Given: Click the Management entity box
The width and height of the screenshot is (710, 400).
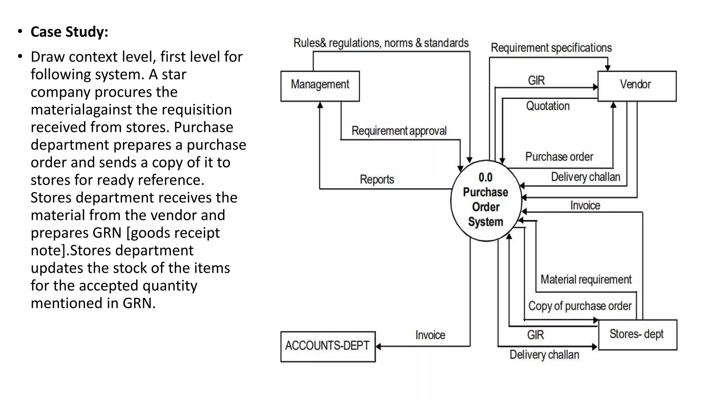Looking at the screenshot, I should tap(320, 86).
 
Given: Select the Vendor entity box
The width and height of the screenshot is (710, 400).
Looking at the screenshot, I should tap(637, 86).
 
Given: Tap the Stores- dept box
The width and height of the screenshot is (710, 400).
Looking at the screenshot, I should tap(637, 334).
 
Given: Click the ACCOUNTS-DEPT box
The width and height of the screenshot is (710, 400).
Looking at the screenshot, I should tap(328, 346).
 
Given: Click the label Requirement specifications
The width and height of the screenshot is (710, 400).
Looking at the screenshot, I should tap(551, 48).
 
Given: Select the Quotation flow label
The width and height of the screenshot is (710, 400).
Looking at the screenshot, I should tap(548, 106).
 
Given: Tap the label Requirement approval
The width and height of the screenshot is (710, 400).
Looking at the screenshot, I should tap(399, 131).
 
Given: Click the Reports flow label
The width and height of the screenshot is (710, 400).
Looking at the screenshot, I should tap(377, 180).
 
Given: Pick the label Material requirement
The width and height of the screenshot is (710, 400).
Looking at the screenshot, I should tap(586, 280).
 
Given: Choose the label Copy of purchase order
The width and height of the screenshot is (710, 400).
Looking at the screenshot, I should tap(580, 306).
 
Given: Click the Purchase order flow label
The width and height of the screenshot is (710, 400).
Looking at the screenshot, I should tap(559, 157).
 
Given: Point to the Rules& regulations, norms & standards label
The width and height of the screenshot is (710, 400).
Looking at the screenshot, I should tap(381, 43).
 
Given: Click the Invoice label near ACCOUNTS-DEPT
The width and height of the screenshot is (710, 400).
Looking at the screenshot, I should tap(430, 335).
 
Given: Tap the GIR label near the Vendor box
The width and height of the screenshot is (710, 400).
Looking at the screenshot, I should tap(536, 81).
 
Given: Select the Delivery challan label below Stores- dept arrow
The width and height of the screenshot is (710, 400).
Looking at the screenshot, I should tap(544, 355).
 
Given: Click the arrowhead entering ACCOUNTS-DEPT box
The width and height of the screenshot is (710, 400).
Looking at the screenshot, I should tap(379, 346).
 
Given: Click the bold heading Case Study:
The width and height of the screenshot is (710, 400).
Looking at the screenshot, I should tap(69, 32).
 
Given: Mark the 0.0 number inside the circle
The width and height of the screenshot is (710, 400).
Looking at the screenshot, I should tap(485, 177).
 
